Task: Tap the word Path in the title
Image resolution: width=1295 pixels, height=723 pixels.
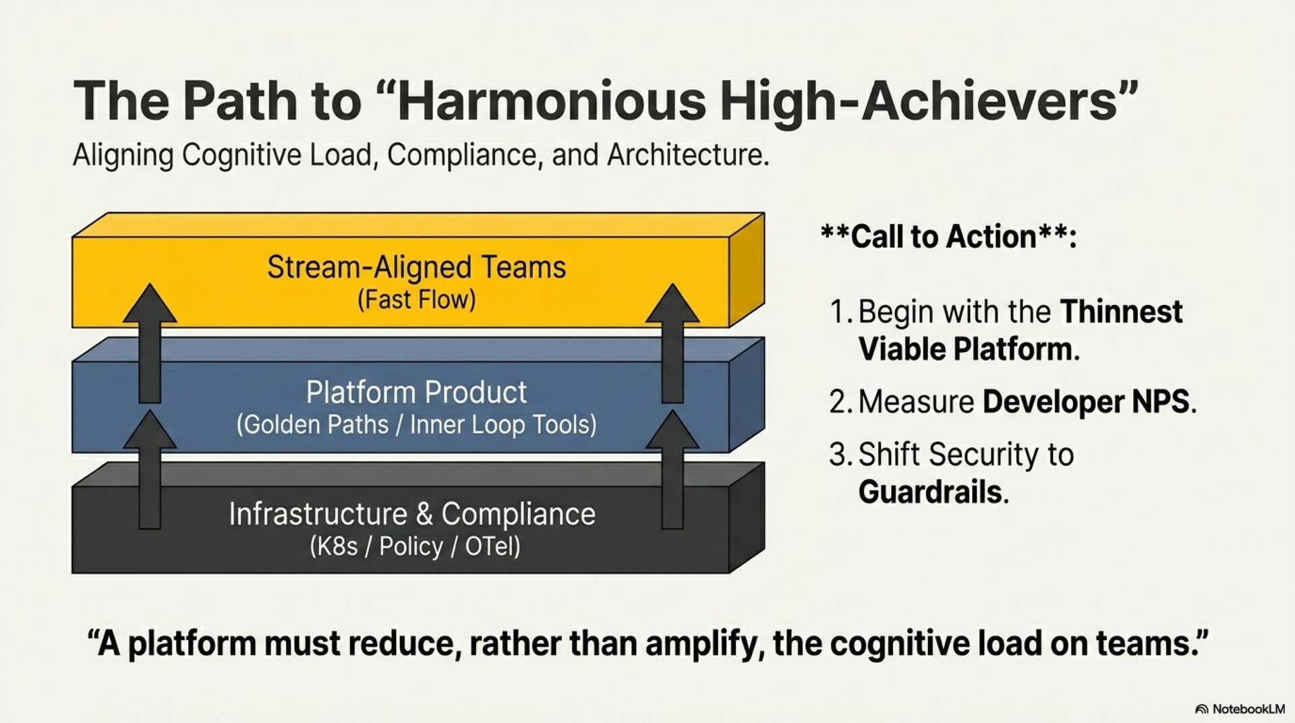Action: (238, 100)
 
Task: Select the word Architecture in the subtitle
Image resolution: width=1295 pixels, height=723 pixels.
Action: (687, 155)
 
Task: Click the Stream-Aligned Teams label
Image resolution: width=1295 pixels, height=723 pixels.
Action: (416, 267)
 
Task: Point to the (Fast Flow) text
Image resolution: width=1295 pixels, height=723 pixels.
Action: (416, 299)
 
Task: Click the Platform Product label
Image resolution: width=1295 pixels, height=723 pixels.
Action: (416, 393)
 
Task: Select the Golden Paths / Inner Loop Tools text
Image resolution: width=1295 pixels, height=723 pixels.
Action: (416, 425)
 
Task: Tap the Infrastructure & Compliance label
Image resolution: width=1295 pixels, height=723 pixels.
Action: (412, 514)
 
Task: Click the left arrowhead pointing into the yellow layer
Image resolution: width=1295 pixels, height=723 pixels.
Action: (150, 303)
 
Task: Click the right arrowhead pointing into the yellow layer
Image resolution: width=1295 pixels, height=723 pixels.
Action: (672, 303)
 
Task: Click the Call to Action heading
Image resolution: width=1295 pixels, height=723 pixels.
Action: (948, 237)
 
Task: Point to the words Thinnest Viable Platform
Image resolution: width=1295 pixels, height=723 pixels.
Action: (1020, 330)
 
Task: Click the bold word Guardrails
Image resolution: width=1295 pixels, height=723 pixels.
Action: (933, 492)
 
